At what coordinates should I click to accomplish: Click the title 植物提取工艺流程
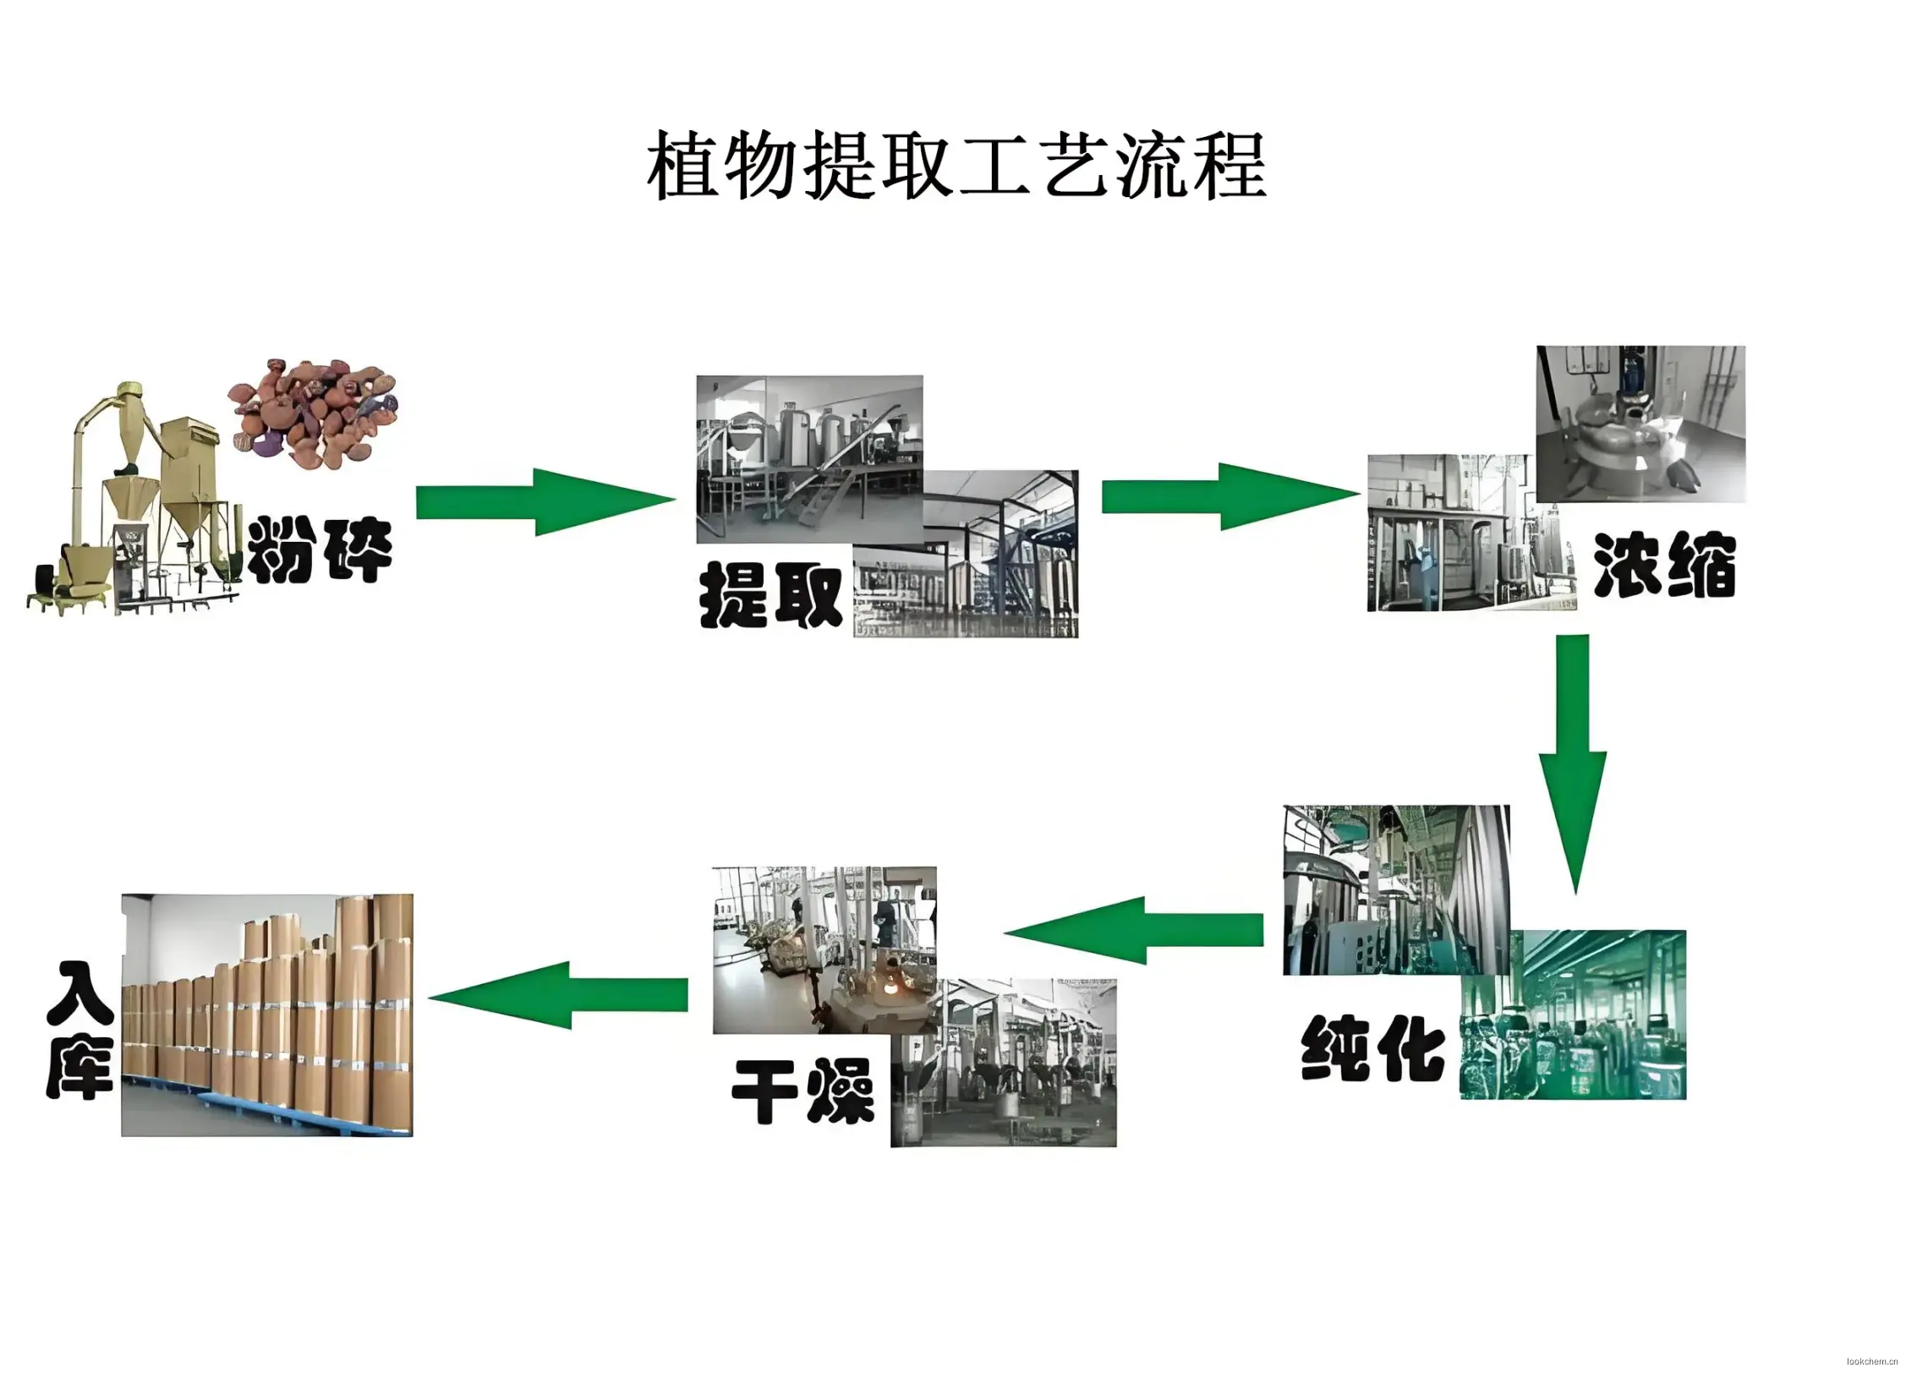(x=956, y=166)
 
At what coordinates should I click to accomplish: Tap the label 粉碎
(x=319, y=550)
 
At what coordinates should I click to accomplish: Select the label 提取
(x=770, y=596)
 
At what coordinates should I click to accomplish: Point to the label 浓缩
(x=1664, y=566)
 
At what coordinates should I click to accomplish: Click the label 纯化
(x=1372, y=1048)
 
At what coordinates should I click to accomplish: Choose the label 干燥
(x=802, y=1091)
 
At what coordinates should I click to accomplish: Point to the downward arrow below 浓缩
(x=1572, y=761)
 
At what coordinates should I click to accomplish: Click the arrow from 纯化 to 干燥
(x=1133, y=930)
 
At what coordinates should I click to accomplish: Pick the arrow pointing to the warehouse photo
(x=558, y=995)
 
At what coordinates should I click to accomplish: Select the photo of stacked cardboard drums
(x=267, y=1015)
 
